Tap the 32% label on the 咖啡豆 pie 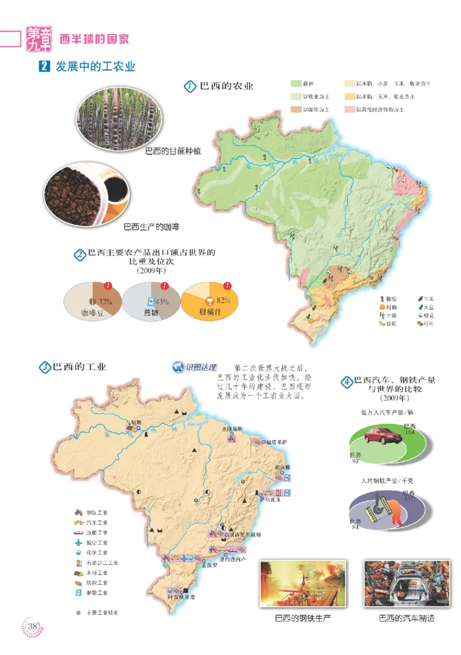[104, 301]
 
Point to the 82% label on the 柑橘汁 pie [224, 300]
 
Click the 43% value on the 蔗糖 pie [162, 302]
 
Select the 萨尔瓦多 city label [270, 500]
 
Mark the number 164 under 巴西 [410, 432]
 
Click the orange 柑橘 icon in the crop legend [382, 308]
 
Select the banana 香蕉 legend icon [382, 324]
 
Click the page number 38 [33, 626]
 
